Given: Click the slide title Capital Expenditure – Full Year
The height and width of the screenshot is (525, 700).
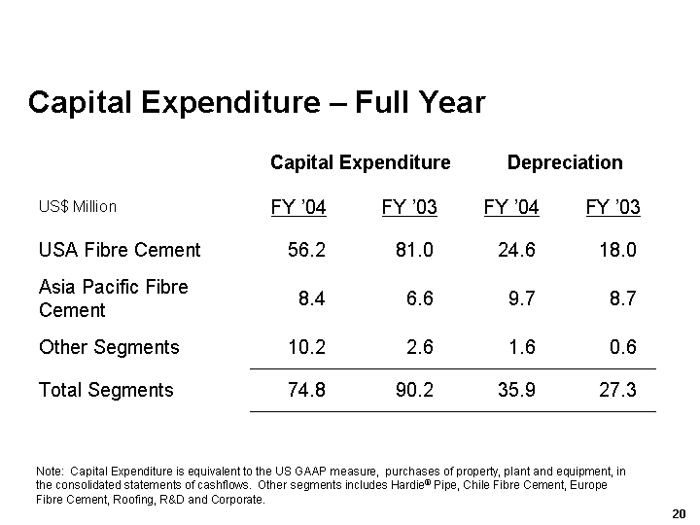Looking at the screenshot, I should (x=257, y=102).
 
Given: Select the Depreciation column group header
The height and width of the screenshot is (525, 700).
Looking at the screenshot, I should (x=565, y=162).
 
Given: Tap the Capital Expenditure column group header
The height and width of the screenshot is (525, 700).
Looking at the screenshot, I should (x=360, y=162).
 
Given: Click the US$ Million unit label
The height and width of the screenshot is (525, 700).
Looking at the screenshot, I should (x=78, y=206).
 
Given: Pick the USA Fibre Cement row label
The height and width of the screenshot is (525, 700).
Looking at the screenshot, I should (x=120, y=250).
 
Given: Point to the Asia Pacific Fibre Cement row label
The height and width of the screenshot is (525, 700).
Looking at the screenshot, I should (x=113, y=298).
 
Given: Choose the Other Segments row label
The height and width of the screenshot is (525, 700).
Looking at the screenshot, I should (x=109, y=347).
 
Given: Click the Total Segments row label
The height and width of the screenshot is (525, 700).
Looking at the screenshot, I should (x=106, y=390).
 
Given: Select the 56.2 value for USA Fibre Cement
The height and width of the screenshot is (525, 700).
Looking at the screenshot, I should (x=307, y=250).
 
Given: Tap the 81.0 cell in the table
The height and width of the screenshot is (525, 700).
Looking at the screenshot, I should (x=414, y=250).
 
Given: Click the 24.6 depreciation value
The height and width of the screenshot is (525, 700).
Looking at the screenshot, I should (x=515, y=250).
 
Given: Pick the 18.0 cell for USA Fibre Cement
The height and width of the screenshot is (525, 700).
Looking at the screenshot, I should (x=617, y=250).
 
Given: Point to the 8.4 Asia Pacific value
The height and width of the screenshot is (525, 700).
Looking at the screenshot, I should (x=312, y=298).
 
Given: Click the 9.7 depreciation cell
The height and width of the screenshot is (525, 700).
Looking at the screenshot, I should (x=521, y=298).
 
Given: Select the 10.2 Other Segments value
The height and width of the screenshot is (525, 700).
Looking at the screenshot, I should (x=307, y=347).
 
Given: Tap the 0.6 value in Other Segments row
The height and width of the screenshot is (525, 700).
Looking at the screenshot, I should (x=623, y=347).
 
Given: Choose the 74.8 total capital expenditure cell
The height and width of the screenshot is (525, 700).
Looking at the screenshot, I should (x=307, y=390).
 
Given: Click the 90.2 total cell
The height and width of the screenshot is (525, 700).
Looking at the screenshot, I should (x=414, y=390).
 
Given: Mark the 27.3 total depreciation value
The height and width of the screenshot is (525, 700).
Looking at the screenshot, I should (x=617, y=390).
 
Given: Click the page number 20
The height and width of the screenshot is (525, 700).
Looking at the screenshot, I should (x=679, y=512).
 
